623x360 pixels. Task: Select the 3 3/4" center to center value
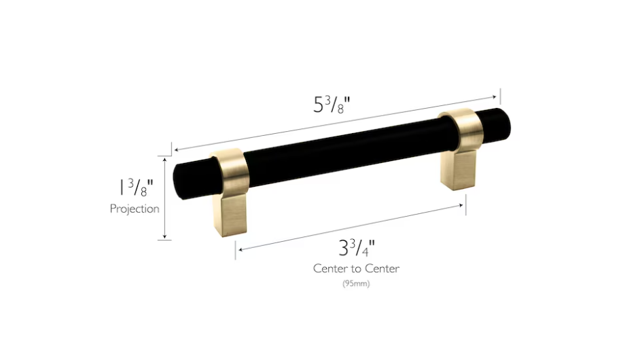[x=356, y=248]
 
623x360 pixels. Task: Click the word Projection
[x=135, y=209]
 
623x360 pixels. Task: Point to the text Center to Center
[x=356, y=268]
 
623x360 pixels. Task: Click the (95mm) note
[x=356, y=284]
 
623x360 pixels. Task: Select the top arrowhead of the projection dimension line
[x=164, y=158]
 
